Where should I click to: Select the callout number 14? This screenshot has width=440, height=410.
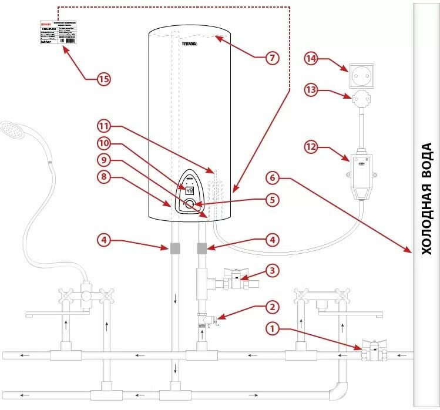[x=311, y=59]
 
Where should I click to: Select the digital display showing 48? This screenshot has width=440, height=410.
[x=190, y=190]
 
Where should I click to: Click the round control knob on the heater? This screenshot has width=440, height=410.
[x=190, y=204]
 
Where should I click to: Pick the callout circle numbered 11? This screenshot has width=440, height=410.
[x=104, y=126]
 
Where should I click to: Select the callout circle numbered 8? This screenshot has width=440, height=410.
[x=104, y=176]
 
